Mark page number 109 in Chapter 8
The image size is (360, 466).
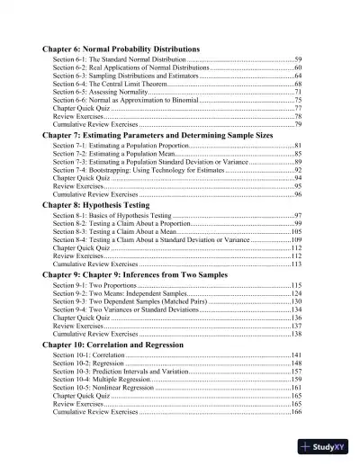tap(295, 240)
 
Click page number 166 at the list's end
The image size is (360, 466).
tap(295, 412)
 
